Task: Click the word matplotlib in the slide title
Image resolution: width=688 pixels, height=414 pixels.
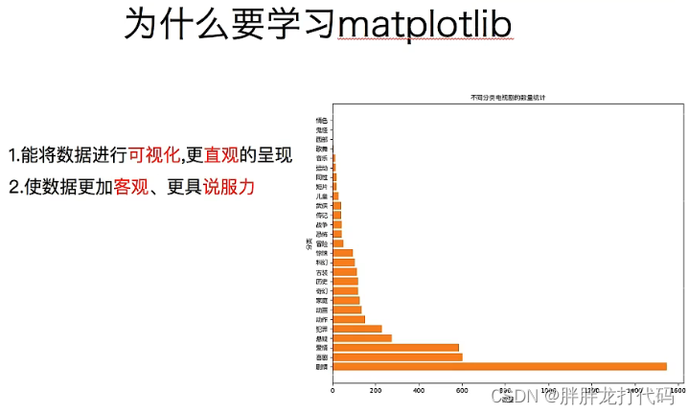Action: (427, 25)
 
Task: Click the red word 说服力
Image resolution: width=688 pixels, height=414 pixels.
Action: (229, 186)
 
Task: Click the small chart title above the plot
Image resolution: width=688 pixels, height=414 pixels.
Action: (507, 98)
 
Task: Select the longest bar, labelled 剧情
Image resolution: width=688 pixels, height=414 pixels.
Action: (499, 366)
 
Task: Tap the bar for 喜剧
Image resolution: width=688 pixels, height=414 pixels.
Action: (398, 356)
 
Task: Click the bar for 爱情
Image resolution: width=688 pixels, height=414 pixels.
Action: (396, 347)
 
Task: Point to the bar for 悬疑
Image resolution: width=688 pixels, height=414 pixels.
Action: (362, 337)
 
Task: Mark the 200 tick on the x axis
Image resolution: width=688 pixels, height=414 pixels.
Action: (376, 390)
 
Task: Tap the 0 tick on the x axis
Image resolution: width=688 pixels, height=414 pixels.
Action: (333, 390)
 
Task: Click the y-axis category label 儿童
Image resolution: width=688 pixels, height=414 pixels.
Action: (322, 195)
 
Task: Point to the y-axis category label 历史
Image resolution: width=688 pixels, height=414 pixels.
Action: (322, 281)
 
